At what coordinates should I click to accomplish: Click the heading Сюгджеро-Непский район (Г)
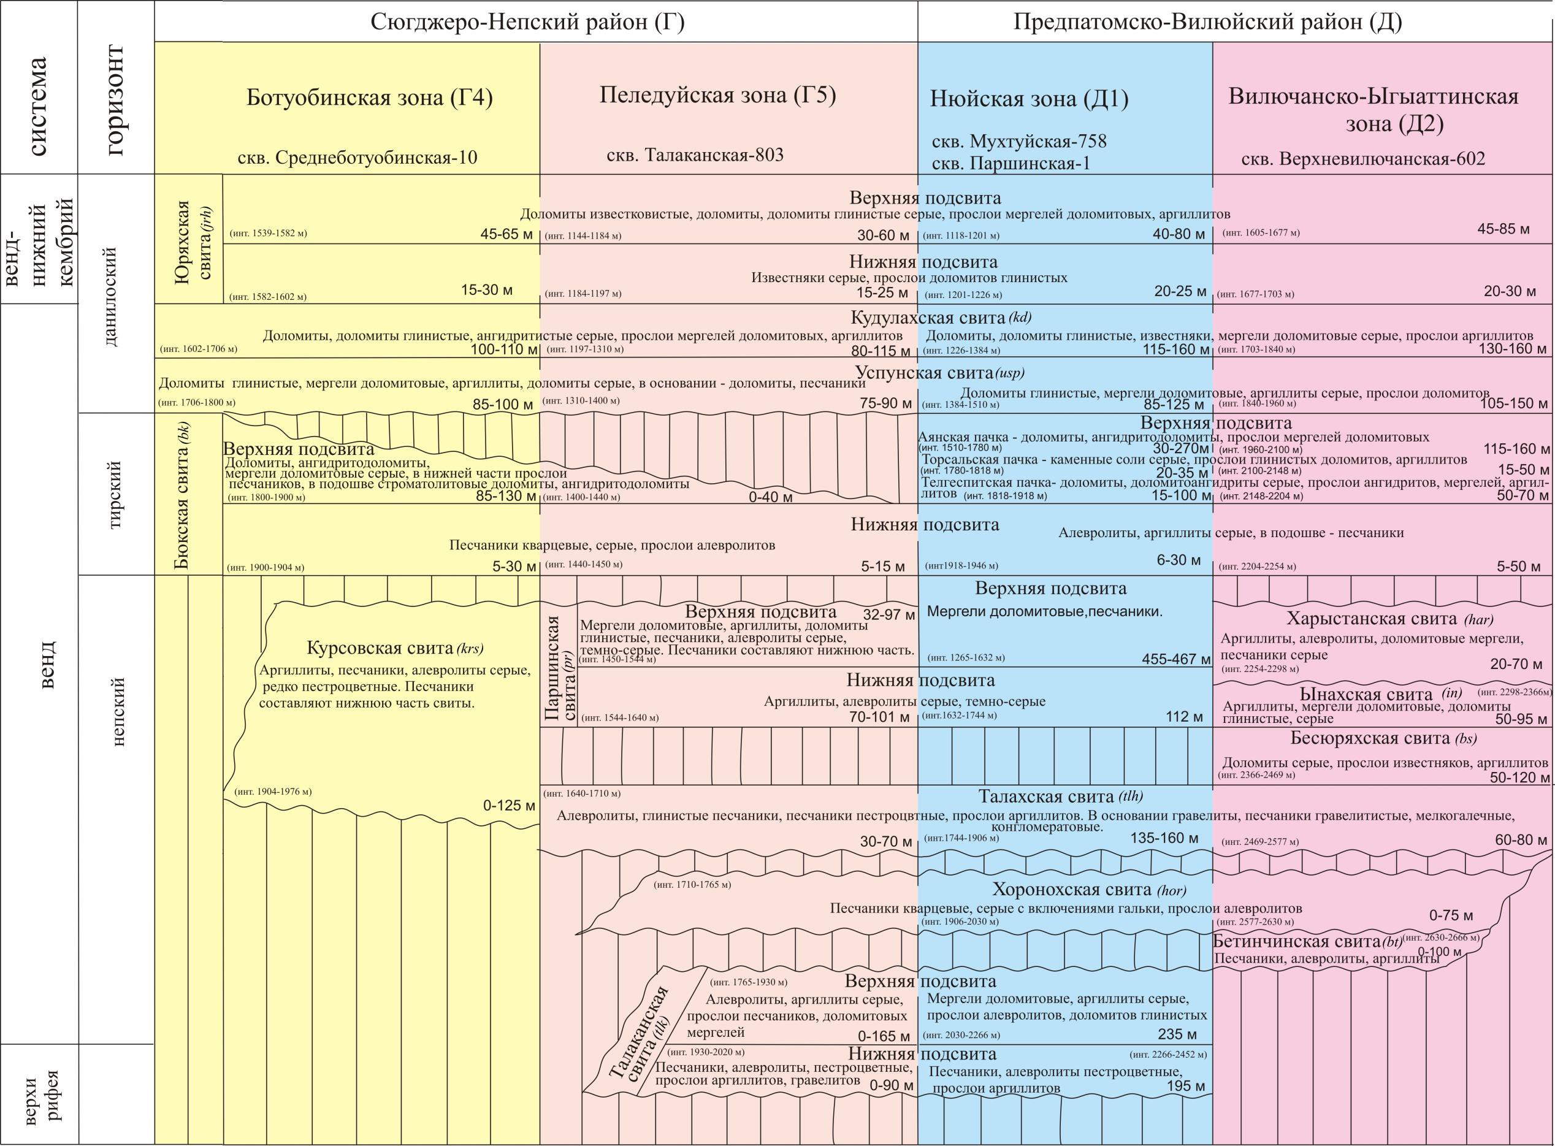tap(528, 22)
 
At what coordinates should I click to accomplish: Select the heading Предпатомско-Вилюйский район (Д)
tap(1207, 22)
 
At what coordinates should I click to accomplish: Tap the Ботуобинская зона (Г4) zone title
tap(369, 99)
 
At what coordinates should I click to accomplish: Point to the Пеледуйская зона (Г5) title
tap(717, 95)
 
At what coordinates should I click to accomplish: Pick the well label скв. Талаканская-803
tap(694, 155)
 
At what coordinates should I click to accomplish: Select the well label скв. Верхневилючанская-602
tap(1363, 159)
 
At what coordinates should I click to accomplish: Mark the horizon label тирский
tap(116, 494)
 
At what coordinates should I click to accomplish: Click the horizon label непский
tap(116, 712)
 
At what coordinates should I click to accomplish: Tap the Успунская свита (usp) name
tap(939, 373)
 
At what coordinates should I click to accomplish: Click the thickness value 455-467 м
tap(1175, 659)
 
